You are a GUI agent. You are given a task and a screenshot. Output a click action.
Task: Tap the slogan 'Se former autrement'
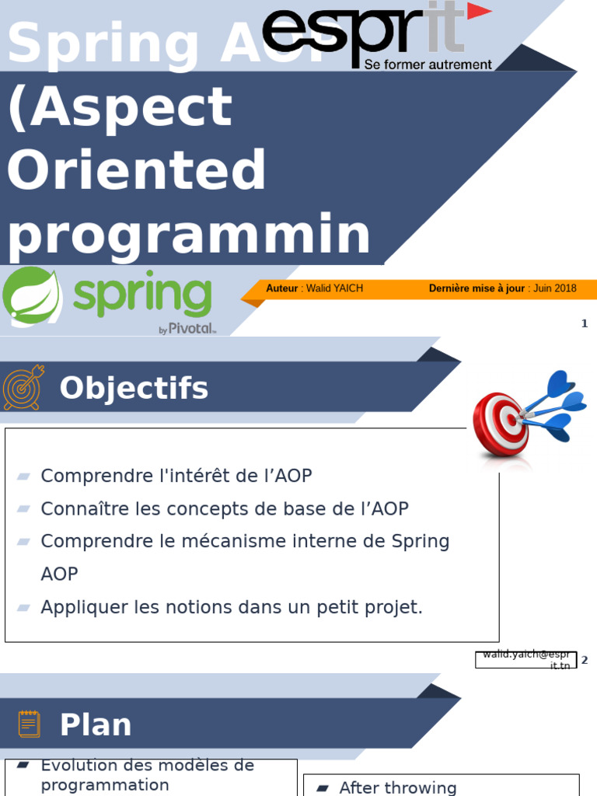[428, 65]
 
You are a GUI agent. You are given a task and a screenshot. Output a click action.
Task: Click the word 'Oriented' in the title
[137, 171]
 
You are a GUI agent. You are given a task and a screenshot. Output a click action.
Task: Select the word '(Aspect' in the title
[120, 107]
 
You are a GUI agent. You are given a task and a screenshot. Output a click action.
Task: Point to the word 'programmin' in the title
[189, 235]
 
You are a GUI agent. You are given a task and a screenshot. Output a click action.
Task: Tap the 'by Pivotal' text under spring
[187, 329]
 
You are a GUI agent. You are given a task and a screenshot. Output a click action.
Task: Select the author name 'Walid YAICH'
[334, 288]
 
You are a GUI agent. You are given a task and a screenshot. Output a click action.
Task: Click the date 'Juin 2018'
[555, 288]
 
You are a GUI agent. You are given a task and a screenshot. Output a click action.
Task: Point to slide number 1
[585, 324]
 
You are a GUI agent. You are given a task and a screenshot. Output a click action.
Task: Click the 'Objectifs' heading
[134, 388]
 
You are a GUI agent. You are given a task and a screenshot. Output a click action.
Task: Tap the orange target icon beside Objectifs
[24, 387]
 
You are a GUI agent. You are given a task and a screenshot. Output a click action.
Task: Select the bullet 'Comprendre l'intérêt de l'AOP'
[176, 476]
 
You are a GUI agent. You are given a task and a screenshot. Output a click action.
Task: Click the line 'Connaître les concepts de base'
[224, 509]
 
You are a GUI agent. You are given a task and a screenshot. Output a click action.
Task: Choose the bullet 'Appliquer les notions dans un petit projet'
[232, 607]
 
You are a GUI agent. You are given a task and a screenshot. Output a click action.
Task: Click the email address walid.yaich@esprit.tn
[526, 660]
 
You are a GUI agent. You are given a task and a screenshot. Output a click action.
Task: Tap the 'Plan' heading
[96, 724]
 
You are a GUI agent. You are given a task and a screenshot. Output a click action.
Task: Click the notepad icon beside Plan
[30, 724]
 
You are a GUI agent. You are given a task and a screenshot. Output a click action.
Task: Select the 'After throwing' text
[397, 787]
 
